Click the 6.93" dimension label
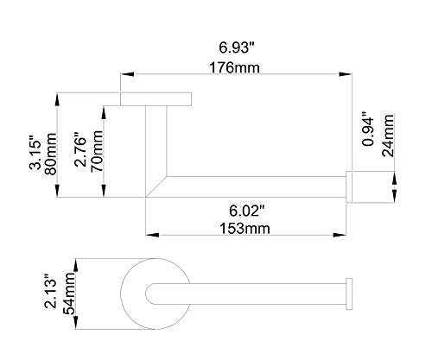pyautogui.click(x=238, y=47)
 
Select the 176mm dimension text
pyautogui.click(x=234, y=68)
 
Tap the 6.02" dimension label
pyautogui.click(x=247, y=211)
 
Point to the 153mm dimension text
pyautogui.click(x=245, y=229)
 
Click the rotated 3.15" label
pyautogui.click(x=36, y=155)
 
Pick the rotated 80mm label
pyautogui.click(x=51, y=154)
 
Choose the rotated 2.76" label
pyautogui.click(x=80, y=149)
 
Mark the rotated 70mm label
pyautogui.click(x=97, y=151)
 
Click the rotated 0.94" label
pyautogui.click(x=368, y=129)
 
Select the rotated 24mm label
pyautogui.click(x=388, y=136)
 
